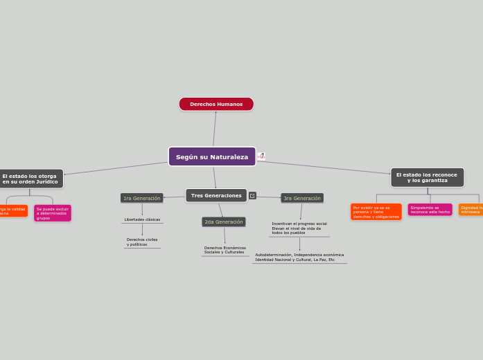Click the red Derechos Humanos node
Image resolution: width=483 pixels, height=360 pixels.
(x=216, y=104)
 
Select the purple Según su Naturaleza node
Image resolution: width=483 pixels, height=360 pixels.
(x=212, y=156)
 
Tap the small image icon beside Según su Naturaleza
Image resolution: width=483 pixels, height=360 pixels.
(x=261, y=156)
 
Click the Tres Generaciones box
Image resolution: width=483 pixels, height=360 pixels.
(x=216, y=195)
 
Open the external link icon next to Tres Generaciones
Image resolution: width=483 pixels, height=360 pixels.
(x=252, y=196)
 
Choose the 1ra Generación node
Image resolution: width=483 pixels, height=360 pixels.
(x=142, y=198)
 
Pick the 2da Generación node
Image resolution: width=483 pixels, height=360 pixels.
(x=224, y=222)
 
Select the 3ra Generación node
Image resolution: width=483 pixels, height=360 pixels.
(x=302, y=198)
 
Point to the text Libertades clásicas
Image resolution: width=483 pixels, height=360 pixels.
(x=142, y=219)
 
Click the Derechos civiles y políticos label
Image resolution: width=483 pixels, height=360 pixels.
(x=142, y=242)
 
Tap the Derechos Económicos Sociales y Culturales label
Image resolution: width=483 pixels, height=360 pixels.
(x=225, y=250)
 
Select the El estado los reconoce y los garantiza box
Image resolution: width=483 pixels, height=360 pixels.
(x=427, y=177)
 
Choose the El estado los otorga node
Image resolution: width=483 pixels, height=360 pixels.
(x=30, y=179)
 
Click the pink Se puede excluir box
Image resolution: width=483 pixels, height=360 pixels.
(x=53, y=213)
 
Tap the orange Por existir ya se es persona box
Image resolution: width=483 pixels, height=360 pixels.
(x=376, y=212)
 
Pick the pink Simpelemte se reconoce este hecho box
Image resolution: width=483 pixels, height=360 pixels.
(x=430, y=209)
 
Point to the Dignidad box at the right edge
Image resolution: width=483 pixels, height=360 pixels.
(x=471, y=209)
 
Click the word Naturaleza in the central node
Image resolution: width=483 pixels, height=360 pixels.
(x=229, y=157)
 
